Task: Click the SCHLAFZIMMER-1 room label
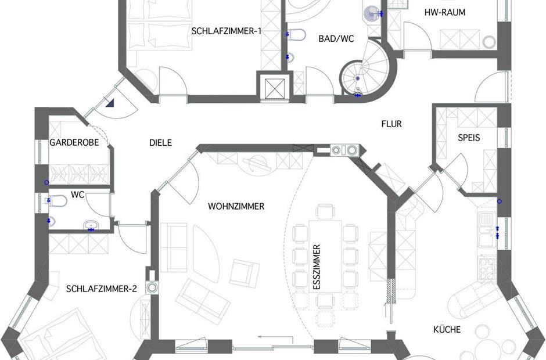pos(227,31)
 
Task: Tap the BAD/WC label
pos(336,38)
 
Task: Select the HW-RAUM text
pos(445,13)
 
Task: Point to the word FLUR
pos(391,124)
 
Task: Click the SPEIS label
pos(469,138)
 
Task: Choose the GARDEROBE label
pos(74,142)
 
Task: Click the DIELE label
pos(160,142)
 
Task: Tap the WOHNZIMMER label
pos(236,206)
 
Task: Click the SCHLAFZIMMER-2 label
pos(101,289)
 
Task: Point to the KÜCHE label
pos(447,329)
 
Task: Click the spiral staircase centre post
pos(358,79)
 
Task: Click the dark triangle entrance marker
pos(111,102)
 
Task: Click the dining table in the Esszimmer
pos(325,256)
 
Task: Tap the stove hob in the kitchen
pos(487,268)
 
